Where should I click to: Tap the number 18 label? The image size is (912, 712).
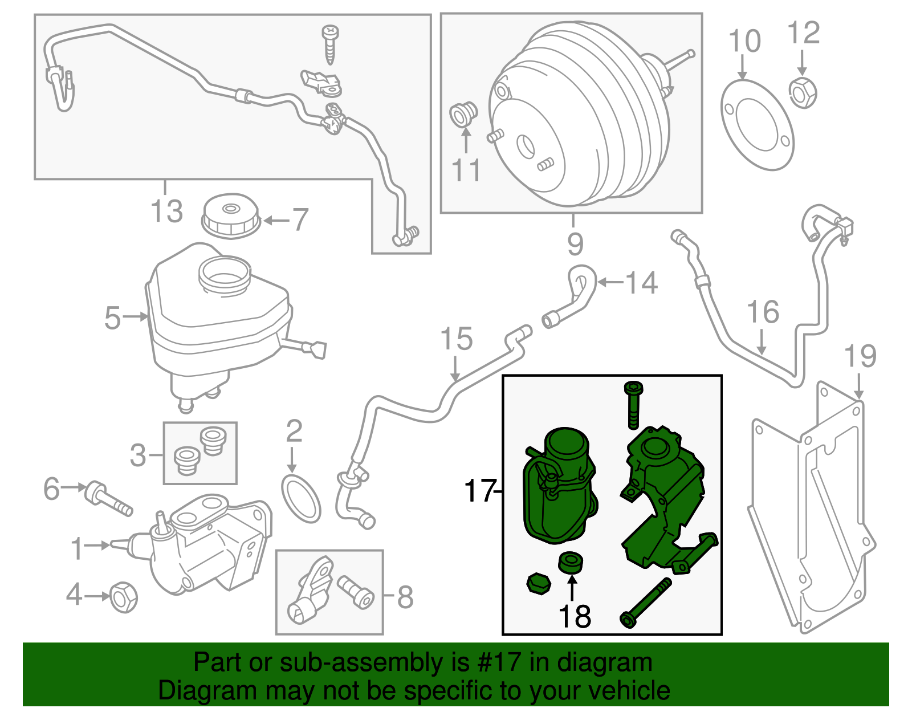(575, 617)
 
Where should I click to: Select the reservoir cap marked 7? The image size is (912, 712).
(231, 216)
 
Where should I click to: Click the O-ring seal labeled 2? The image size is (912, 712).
(301, 499)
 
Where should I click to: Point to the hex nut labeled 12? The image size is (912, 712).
(803, 93)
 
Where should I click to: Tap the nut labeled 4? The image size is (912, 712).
(123, 597)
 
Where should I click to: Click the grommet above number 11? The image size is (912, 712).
(463, 114)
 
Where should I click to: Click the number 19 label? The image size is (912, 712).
(860, 356)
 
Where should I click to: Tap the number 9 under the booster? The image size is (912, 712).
(575, 244)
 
